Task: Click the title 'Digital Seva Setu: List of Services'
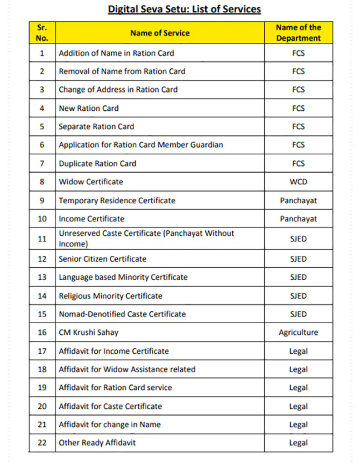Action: (x=184, y=9)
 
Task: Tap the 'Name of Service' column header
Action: (x=160, y=33)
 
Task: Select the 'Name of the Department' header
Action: (x=298, y=33)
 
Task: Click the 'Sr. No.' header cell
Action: (x=42, y=33)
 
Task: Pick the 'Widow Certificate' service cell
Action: (x=91, y=182)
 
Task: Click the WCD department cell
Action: (x=298, y=182)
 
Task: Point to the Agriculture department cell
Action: (x=298, y=332)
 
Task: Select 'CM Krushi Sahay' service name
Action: (x=88, y=332)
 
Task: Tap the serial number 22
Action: (x=42, y=442)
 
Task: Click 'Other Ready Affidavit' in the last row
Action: (x=97, y=442)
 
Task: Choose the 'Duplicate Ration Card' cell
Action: (x=97, y=163)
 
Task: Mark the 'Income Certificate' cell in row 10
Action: (x=91, y=219)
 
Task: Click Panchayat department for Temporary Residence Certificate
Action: (x=298, y=201)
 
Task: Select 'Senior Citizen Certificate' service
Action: (x=102, y=259)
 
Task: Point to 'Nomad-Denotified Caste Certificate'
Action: (x=122, y=314)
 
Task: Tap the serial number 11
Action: (x=42, y=239)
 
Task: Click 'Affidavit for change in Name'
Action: (x=110, y=424)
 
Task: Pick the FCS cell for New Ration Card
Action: (x=298, y=108)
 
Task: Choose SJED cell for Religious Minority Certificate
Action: (x=298, y=296)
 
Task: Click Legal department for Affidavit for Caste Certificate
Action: (x=298, y=406)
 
